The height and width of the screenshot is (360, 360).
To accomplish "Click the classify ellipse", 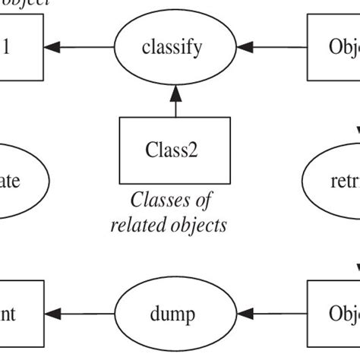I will [x=172, y=48].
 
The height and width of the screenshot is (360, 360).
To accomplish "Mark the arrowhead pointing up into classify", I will [x=175, y=93].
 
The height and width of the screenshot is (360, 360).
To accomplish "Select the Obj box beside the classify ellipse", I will [x=334, y=48].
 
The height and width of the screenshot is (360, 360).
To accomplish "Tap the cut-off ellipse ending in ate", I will [x=23, y=182].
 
